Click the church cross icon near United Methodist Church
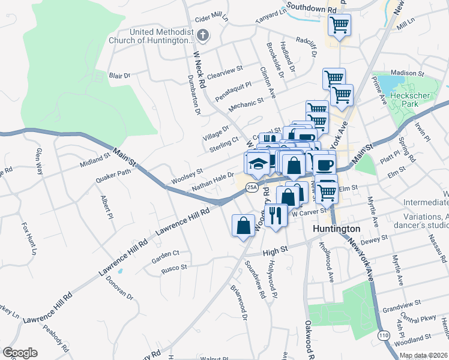(202, 35)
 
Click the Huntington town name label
(337, 229)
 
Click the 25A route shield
(252, 188)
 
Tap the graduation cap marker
(257, 164)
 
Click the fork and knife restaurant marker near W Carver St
(276, 214)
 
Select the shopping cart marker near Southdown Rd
(339, 26)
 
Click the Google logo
(20, 353)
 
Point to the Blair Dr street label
(119, 76)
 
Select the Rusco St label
(174, 268)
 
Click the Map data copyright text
(424, 355)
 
